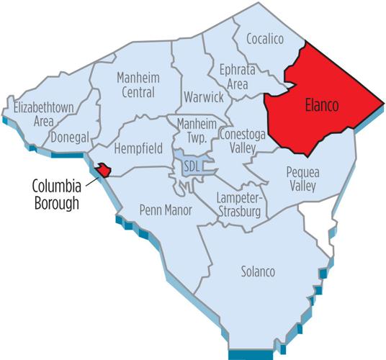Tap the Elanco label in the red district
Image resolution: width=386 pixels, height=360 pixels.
coord(318,106)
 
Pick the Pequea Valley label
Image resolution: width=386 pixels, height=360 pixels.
coord(308,179)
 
